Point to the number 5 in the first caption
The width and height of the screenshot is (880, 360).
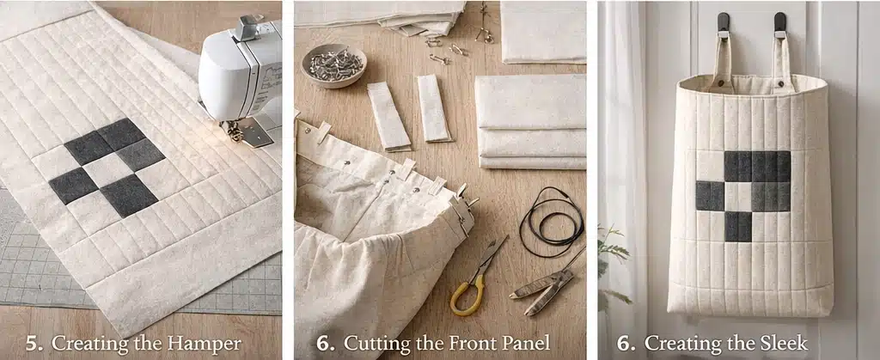(34, 344)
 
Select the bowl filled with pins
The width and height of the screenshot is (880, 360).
(333, 64)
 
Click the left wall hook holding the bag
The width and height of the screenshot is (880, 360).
(724, 25)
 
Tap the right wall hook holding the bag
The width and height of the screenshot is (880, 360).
(780, 25)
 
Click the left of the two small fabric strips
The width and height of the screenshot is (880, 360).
(389, 116)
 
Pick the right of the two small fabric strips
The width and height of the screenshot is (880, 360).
(433, 107)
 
